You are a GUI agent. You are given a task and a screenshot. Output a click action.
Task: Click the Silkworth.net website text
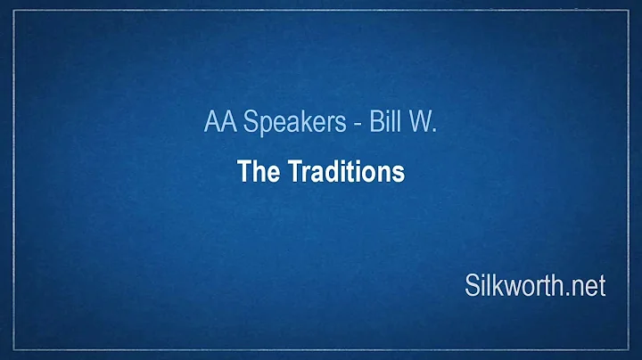tap(535, 285)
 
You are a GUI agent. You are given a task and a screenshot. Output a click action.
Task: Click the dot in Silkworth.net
tap(571, 293)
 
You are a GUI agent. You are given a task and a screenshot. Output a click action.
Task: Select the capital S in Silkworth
tap(472, 285)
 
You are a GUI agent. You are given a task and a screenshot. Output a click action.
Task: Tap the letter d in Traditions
tap(323, 173)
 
